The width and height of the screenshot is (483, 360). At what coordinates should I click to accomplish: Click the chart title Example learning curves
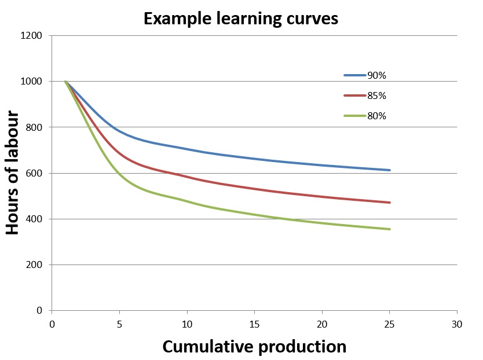(240, 19)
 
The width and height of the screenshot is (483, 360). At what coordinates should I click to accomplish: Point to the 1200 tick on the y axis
(32, 36)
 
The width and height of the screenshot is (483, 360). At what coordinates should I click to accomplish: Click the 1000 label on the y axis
(32, 82)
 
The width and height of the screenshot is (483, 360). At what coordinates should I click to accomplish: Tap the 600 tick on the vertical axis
(34, 173)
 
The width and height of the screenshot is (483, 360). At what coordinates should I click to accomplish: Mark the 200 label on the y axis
(34, 265)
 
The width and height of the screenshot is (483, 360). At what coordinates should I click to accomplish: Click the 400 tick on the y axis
(34, 219)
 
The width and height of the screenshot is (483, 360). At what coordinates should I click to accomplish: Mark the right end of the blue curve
(390, 170)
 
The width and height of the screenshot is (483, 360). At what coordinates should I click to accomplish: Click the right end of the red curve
(390, 203)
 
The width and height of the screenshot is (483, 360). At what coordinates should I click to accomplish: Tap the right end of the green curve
(390, 229)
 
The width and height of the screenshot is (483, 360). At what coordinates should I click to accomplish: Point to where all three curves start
(65, 82)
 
